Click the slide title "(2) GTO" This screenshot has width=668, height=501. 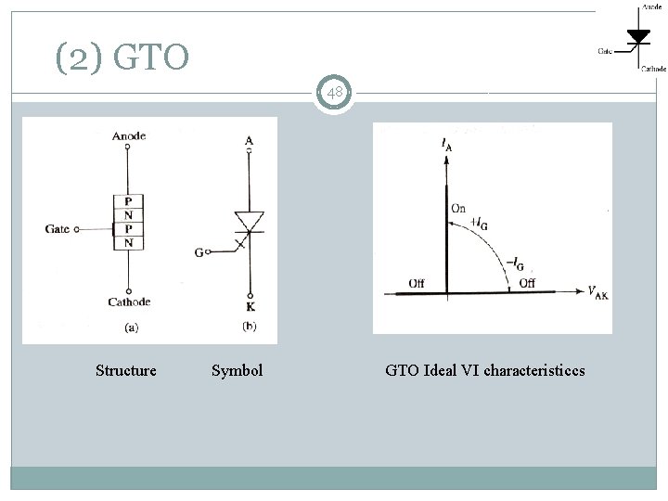click(122, 58)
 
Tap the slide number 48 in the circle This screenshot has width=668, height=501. click(334, 93)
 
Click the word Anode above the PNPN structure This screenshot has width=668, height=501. click(128, 137)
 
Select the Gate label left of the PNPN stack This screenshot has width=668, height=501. click(57, 229)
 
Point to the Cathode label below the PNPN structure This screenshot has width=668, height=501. click(128, 302)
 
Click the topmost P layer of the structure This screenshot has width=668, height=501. click(127, 200)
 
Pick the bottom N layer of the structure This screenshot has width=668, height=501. click(127, 243)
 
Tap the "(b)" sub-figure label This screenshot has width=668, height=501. click(249, 327)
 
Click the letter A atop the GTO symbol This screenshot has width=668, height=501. click(249, 141)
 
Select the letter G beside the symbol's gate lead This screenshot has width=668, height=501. click(199, 251)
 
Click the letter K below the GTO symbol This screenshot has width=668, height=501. click(249, 305)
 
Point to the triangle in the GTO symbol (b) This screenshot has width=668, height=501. click(249, 221)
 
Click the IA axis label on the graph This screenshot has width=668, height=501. click(447, 145)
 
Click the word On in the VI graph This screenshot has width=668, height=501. click(458, 209)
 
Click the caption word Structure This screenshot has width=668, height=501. click(126, 371)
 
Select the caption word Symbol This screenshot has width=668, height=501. click(237, 371)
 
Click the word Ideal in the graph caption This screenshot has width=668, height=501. click(438, 371)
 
